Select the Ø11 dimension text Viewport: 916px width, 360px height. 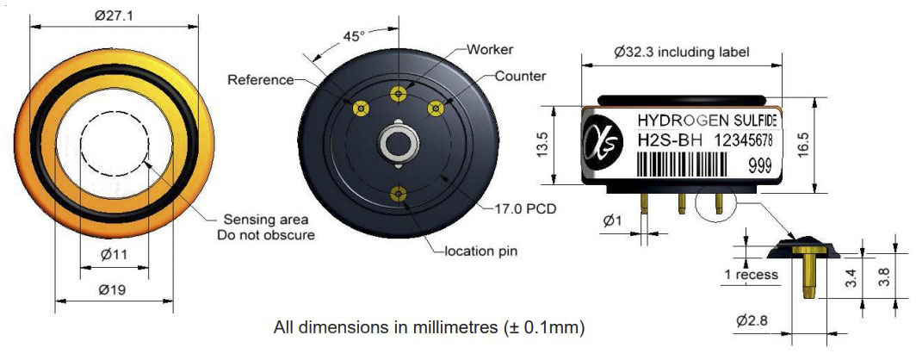click(x=114, y=255)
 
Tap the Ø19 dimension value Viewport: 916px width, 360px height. click(x=114, y=289)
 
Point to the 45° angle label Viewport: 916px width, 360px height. click(x=354, y=36)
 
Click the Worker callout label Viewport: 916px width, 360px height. click(x=490, y=49)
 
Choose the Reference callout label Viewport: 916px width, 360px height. click(x=260, y=80)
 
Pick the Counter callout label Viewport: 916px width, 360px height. click(x=521, y=76)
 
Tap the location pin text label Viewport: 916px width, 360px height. click(x=481, y=251)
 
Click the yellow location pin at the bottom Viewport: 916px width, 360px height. click(x=399, y=194)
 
